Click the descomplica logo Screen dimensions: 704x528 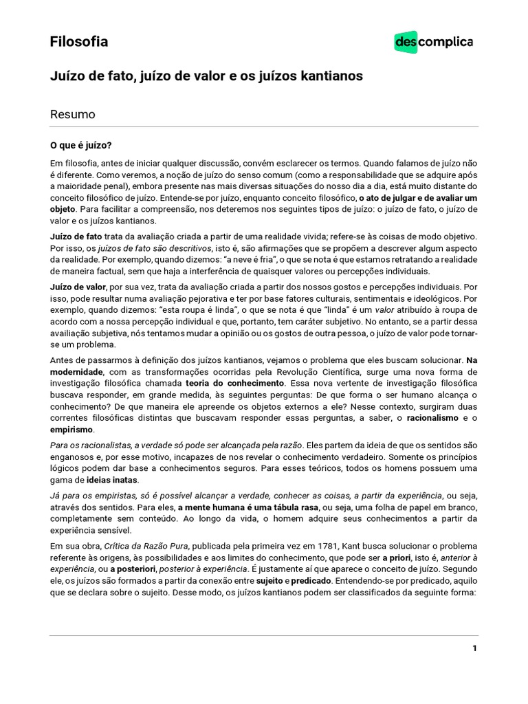click(433, 43)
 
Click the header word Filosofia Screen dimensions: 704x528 click(79, 42)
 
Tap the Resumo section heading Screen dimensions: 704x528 click(72, 114)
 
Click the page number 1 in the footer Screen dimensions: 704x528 click(474, 648)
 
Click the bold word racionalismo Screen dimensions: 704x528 click(432, 417)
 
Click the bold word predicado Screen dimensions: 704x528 click(311, 581)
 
